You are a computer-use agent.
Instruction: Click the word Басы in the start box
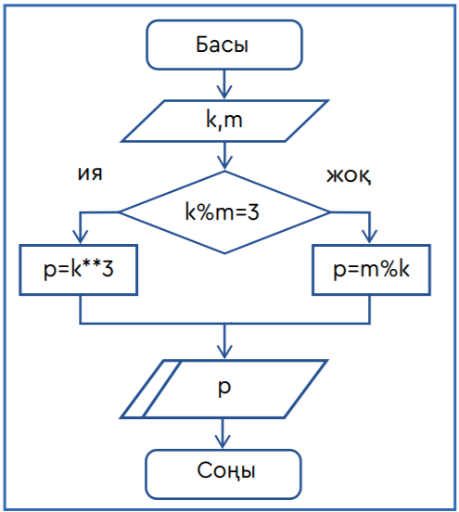click(x=222, y=45)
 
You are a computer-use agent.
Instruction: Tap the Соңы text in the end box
click(x=226, y=471)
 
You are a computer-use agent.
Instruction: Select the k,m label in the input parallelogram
click(x=224, y=121)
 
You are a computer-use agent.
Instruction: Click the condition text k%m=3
click(x=222, y=211)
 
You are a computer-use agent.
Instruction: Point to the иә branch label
click(x=90, y=173)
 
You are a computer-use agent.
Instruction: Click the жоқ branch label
click(x=349, y=176)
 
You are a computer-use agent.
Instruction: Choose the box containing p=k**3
click(x=78, y=270)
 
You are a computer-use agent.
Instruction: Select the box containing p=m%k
click(x=371, y=270)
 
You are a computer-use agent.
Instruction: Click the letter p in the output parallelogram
click(x=224, y=388)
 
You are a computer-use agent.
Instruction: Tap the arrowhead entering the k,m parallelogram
click(x=224, y=93)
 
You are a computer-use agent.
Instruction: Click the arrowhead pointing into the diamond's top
click(x=224, y=163)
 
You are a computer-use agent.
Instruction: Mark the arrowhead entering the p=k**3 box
click(x=81, y=237)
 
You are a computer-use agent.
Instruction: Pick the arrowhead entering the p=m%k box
click(x=370, y=237)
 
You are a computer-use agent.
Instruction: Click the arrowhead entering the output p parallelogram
click(x=224, y=352)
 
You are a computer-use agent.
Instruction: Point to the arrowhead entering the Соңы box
click(x=223, y=442)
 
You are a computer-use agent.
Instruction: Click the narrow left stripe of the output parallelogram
click(x=151, y=389)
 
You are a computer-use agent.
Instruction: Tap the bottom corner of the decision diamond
click(x=224, y=253)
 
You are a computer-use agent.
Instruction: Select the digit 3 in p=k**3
click(x=108, y=270)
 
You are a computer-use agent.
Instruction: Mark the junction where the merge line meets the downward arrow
click(x=224, y=324)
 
